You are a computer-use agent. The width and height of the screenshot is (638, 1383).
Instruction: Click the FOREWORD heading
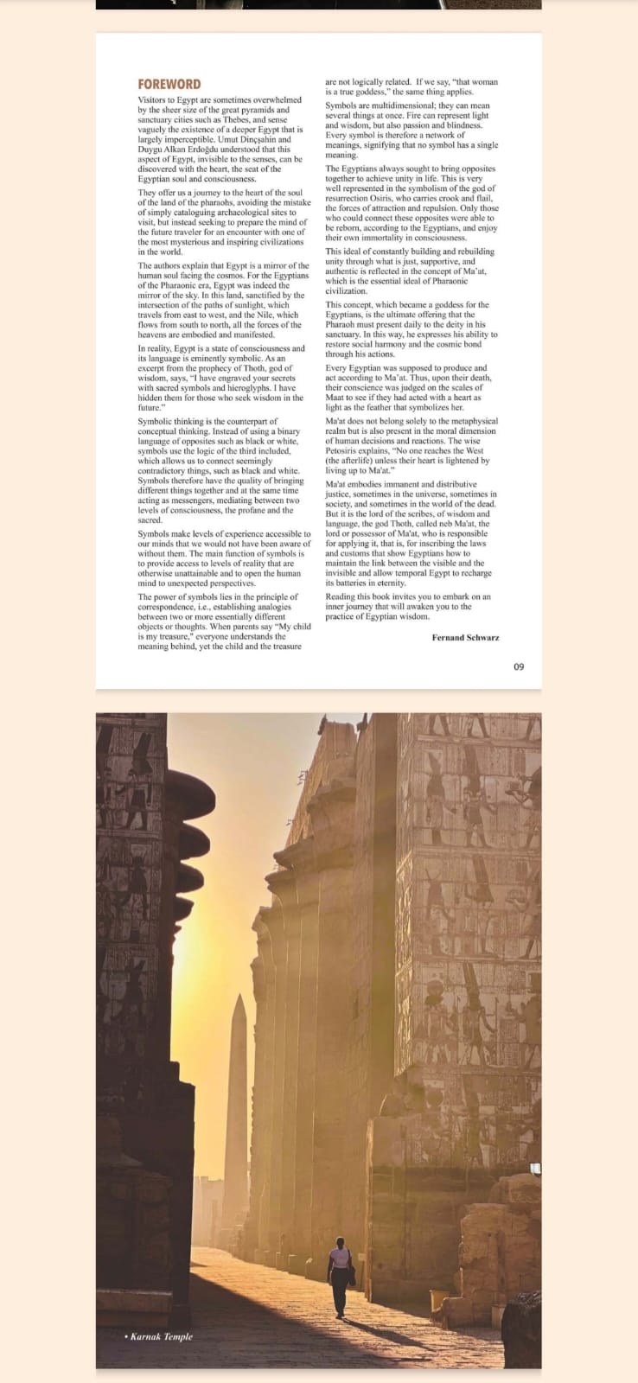(x=169, y=84)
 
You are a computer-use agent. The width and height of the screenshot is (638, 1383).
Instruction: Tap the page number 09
(x=518, y=666)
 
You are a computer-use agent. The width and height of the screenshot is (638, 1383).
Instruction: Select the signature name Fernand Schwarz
(x=465, y=637)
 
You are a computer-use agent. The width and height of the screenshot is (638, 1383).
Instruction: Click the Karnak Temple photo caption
(x=161, y=1336)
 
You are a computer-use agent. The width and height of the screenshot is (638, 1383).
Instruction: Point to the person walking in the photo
(x=341, y=1276)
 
